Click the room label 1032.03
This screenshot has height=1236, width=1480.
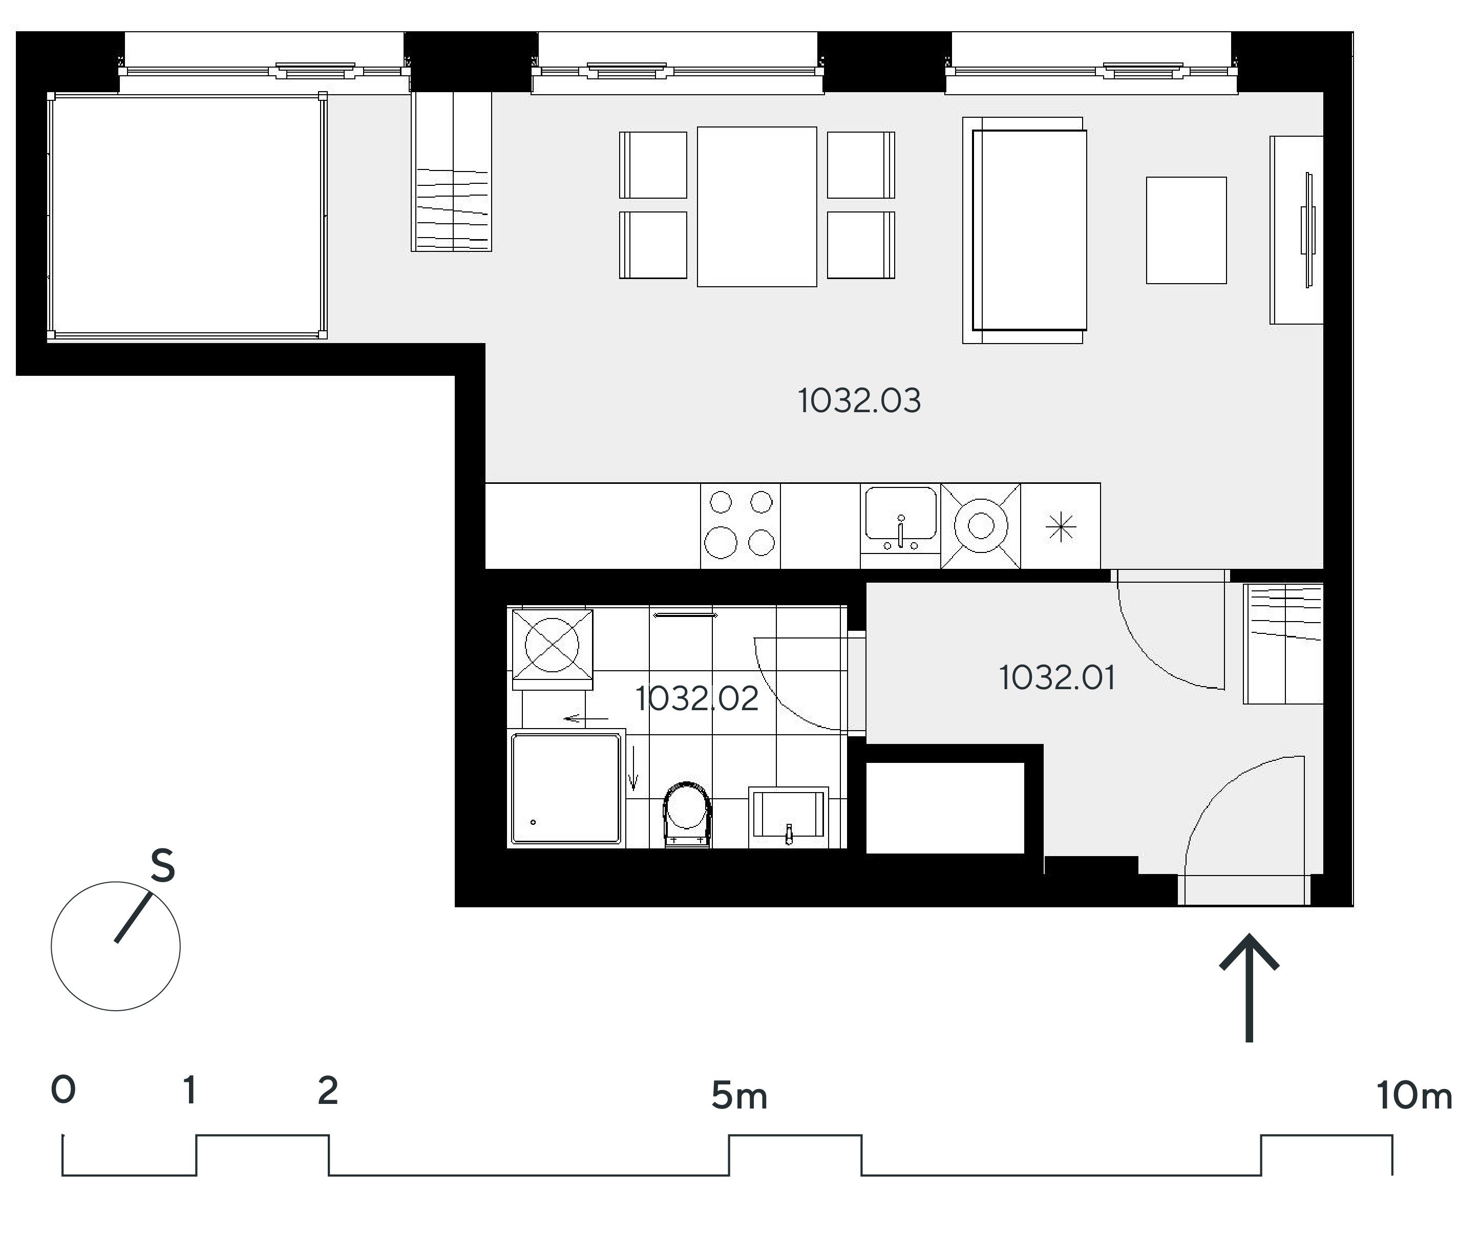(859, 401)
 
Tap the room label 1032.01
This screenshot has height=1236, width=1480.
(1057, 678)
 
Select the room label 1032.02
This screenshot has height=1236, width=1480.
(697, 698)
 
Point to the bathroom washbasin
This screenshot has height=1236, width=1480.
(789, 816)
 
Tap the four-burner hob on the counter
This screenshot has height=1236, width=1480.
(741, 526)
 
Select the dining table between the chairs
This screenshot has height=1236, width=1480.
(757, 206)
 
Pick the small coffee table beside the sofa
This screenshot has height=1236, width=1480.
(1186, 230)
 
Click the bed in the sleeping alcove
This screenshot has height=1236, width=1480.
(187, 217)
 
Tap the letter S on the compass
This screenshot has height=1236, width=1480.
(163, 865)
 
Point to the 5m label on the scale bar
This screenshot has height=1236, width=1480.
(739, 1096)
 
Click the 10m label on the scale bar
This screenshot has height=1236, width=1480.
(1414, 1096)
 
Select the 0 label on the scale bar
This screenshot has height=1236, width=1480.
(64, 1090)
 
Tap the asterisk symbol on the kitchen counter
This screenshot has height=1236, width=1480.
(1061, 527)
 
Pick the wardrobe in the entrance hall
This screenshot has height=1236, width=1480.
(1283, 644)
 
